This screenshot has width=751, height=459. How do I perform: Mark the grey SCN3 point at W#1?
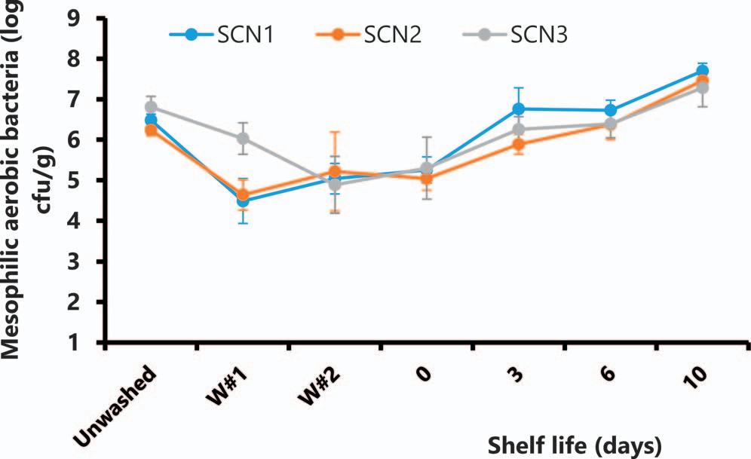tap(243, 139)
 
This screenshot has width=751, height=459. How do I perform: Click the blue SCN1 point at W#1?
tap(243, 201)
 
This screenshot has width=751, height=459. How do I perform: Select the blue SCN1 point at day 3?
tap(518, 109)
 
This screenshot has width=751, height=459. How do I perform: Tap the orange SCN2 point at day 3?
tap(518, 145)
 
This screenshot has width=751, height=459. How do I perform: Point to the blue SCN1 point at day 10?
tap(702, 71)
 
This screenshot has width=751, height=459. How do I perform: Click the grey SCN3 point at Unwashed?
tap(151, 107)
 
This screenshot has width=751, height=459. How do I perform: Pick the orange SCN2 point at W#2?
tap(335, 172)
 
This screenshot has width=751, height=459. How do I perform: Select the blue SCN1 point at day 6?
tap(610, 110)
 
